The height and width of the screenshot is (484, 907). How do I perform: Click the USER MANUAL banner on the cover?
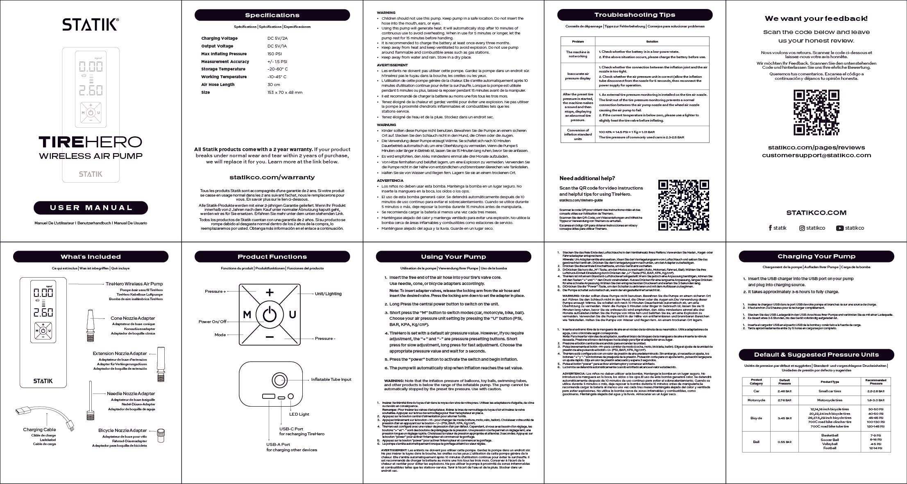91,208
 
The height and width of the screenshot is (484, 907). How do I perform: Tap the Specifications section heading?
272,15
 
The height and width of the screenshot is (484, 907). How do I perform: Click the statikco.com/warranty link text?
272,177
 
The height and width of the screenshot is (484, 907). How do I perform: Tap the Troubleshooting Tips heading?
635,15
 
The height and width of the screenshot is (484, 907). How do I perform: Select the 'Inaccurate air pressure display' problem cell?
578,76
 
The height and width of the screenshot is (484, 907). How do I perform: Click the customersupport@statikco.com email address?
816,155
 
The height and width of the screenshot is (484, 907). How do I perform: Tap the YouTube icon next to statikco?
839,228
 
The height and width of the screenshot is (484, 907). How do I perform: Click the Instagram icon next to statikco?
802,228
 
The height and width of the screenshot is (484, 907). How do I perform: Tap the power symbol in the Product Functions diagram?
270,314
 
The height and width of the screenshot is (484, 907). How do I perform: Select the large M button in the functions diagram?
247,314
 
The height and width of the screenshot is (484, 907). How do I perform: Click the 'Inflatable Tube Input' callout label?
331,380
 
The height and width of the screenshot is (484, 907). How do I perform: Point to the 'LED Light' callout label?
299,414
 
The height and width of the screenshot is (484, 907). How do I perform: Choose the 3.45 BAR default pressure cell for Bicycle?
784,418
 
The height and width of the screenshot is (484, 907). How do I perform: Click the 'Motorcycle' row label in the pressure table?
756,400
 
